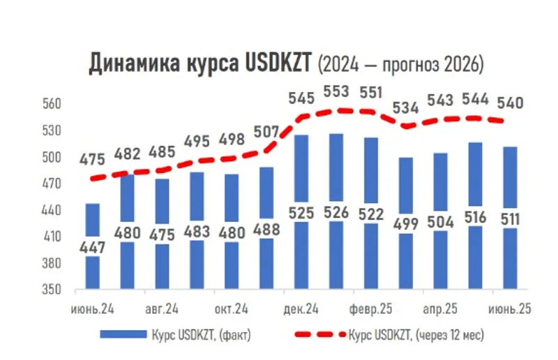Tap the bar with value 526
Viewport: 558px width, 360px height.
point(335,174)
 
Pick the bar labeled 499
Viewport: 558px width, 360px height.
point(406,188)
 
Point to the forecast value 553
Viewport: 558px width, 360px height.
point(338,92)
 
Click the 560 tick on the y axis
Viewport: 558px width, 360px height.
point(54,104)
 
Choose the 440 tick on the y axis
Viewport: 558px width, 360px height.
point(54,210)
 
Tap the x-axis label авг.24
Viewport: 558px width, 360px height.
point(161,308)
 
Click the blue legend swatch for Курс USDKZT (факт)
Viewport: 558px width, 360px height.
point(121,335)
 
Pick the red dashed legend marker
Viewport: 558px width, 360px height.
point(313,335)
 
